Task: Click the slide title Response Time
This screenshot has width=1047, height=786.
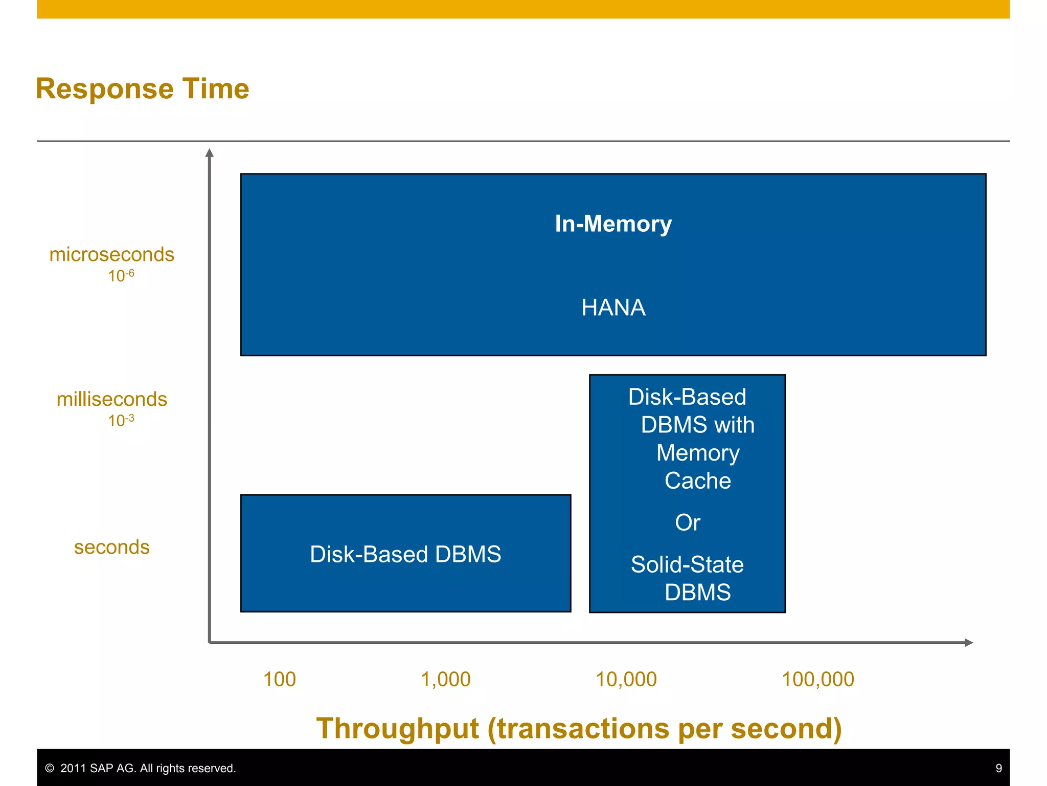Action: click(142, 89)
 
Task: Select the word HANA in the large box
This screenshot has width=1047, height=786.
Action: click(613, 308)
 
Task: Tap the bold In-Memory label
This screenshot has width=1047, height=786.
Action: click(613, 224)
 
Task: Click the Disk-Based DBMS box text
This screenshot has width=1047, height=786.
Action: click(405, 554)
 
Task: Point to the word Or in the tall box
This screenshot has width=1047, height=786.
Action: click(687, 522)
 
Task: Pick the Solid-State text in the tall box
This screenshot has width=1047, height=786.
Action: click(687, 564)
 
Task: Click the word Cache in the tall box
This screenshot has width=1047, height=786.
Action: click(697, 481)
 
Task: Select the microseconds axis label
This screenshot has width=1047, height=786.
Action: click(111, 254)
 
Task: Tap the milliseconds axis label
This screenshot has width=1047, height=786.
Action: click(111, 399)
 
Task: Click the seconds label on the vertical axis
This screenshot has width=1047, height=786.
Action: click(111, 547)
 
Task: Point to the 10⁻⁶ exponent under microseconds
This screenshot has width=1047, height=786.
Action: click(121, 276)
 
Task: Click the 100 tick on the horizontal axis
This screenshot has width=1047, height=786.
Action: click(279, 680)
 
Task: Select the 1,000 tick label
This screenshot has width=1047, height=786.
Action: click(445, 680)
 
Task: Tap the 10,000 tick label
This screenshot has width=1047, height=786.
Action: click(626, 680)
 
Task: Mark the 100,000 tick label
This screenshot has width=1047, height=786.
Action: click(817, 680)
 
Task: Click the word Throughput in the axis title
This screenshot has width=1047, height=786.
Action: click(398, 728)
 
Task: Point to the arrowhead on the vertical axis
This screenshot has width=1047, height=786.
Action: click(209, 153)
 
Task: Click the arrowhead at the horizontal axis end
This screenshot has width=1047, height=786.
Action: click(968, 643)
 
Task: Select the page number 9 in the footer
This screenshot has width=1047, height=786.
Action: click(998, 768)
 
